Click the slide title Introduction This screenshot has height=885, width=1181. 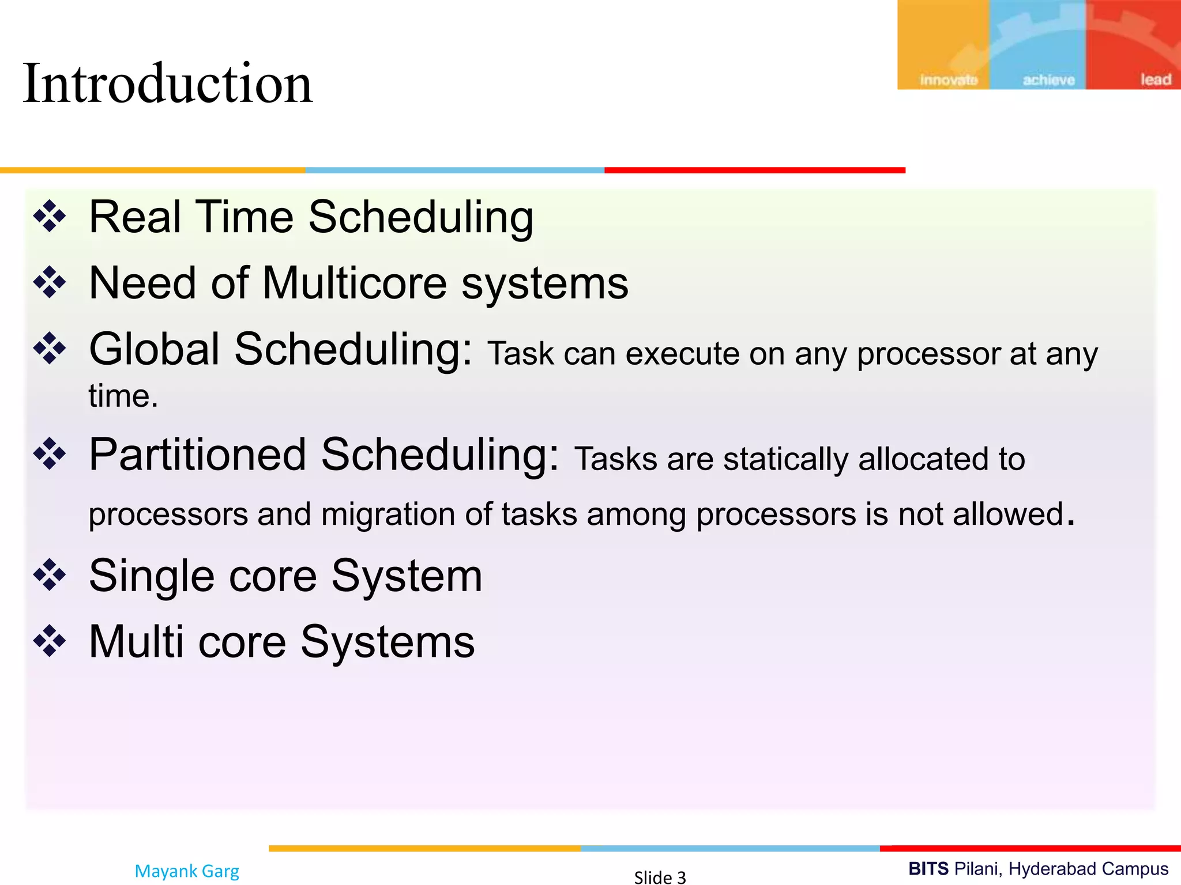tap(167, 84)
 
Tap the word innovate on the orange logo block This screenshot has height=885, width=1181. tap(949, 80)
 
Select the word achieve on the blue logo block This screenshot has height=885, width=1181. tap(1048, 80)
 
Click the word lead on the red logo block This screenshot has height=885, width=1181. tap(1156, 80)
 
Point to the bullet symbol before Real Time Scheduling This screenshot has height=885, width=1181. tap(50, 217)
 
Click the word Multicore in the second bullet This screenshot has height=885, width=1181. tap(355, 283)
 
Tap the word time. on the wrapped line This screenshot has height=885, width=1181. tap(123, 396)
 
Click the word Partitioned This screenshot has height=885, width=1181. tap(197, 455)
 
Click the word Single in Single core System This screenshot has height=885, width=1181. tap(151, 576)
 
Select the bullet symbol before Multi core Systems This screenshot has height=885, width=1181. tap(50, 641)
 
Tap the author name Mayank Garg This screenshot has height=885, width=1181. tap(187, 871)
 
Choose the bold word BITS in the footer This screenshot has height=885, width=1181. tap(928, 868)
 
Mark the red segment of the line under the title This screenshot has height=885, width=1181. tap(754, 171)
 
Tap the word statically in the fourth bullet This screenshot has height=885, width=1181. tap(785, 460)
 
